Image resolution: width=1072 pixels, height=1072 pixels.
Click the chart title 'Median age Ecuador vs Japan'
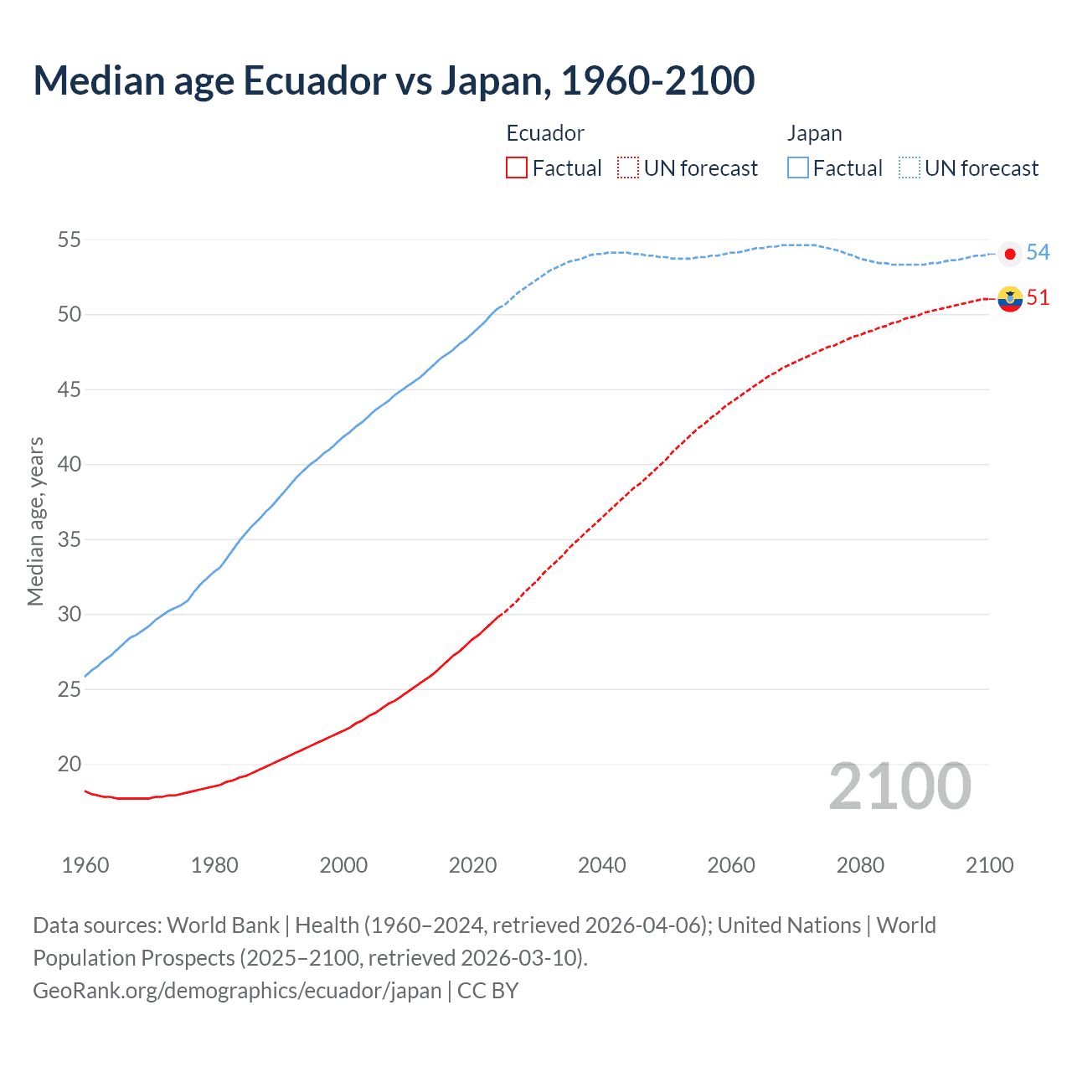point(394,80)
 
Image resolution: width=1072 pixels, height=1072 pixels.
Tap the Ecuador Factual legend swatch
point(517,168)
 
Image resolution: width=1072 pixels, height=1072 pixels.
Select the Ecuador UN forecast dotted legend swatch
point(628,168)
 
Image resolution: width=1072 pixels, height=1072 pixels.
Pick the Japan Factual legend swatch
point(798,168)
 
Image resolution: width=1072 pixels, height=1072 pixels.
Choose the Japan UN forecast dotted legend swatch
point(910,168)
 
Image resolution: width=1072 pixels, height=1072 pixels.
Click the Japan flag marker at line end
point(1010,254)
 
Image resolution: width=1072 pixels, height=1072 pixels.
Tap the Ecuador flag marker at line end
point(1010,298)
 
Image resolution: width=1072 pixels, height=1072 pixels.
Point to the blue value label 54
point(1038,252)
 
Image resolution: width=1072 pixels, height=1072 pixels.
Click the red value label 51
point(1038,298)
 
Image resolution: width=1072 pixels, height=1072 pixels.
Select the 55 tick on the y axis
point(69,240)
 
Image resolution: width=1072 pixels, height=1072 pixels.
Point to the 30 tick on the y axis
point(69,615)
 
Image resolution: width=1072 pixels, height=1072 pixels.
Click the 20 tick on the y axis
point(69,765)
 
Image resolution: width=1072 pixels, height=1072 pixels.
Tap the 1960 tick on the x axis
point(85,865)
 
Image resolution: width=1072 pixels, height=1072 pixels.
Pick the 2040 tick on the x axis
point(602,865)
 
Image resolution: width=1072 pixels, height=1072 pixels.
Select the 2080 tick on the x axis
point(860,865)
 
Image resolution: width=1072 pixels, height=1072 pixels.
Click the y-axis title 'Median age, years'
point(35,521)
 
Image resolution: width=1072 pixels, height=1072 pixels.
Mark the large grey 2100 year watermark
point(899,787)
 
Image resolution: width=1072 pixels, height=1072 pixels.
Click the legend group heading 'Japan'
point(814,134)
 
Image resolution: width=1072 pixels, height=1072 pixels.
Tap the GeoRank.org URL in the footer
point(237,991)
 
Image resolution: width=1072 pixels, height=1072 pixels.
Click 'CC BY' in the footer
point(488,991)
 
